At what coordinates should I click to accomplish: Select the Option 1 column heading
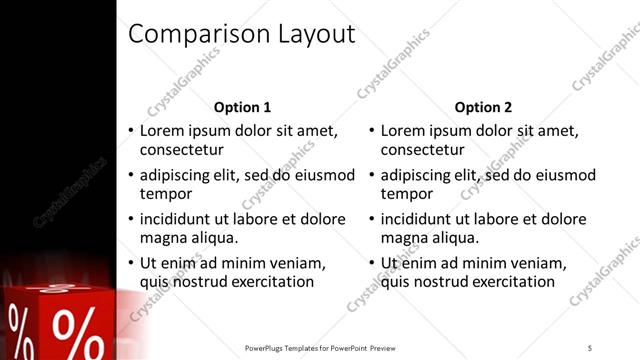[243, 107]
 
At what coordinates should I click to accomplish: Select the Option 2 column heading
[483, 107]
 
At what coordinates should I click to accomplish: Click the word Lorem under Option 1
[163, 131]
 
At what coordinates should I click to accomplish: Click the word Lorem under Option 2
[404, 131]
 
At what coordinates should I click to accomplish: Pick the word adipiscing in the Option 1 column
[178, 175]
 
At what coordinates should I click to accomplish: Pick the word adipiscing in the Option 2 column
[419, 175]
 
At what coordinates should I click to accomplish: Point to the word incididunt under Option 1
[181, 219]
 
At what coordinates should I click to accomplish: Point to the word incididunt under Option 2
[422, 219]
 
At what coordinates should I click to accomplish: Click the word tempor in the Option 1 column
[164, 194]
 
